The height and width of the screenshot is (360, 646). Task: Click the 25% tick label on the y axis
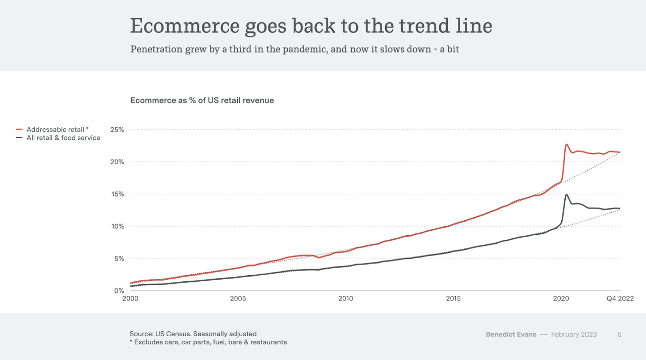click(x=117, y=130)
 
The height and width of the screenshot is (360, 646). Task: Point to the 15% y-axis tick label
click(x=117, y=194)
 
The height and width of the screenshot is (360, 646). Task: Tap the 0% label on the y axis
click(x=119, y=291)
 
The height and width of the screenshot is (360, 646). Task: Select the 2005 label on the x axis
click(x=238, y=298)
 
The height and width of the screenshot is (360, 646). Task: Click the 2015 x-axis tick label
click(x=453, y=298)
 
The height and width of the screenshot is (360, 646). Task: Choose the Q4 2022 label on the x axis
click(x=620, y=298)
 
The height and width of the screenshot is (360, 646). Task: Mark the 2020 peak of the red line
click(x=566, y=144)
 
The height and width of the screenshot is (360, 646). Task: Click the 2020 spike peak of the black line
click(x=566, y=195)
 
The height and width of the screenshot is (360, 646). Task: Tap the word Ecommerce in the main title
click(x=185, y=26)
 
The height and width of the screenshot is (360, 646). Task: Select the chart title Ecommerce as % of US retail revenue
click(x=202, y=100)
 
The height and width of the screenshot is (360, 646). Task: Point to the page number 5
click(x=619, y=334)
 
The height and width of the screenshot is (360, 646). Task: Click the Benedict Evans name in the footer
click(x=511, y=334)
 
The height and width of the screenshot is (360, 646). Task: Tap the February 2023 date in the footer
click(x=574, y=334)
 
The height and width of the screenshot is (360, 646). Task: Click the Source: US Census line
click(x=193, y=334)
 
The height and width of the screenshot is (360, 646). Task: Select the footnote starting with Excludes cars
click(x=208, y=342)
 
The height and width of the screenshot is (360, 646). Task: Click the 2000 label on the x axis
click(x=130, y=298)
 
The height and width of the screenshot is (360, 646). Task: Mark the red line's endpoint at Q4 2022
click(x=620, y=152)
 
